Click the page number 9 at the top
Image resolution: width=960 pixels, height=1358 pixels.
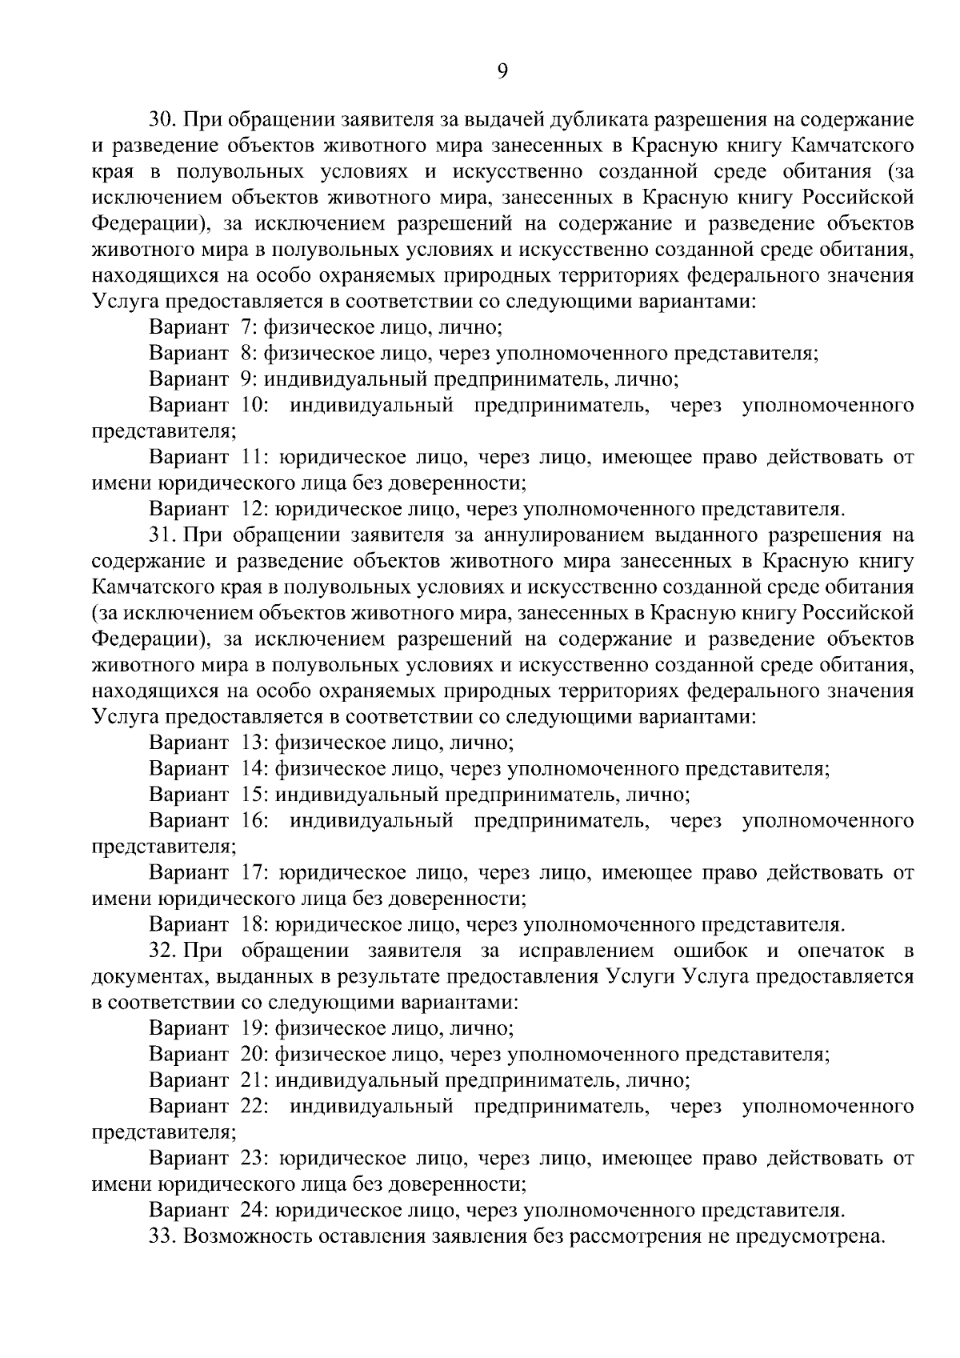[x=502, y=71]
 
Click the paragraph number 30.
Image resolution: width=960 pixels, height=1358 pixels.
[x=163, y=120]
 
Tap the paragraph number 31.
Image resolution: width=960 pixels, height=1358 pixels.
[x=163, y=535]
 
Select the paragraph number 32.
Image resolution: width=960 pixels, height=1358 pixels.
[x=163, y=951]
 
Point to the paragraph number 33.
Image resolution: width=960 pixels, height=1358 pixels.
[x=163, y=1236]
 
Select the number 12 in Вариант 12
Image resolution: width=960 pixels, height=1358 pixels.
[x=252, y=509]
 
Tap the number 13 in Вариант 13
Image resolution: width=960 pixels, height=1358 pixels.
[x=252, y=743]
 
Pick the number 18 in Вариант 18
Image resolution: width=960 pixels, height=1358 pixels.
[x=252, y=925]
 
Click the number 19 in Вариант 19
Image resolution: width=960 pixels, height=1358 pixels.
[x=252, y=1028]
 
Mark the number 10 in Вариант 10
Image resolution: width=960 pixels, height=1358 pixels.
[x=254, y=406]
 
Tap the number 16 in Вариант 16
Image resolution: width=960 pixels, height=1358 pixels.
[x=254, y=821]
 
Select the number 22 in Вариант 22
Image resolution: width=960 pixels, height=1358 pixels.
[x=254, y=1107]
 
